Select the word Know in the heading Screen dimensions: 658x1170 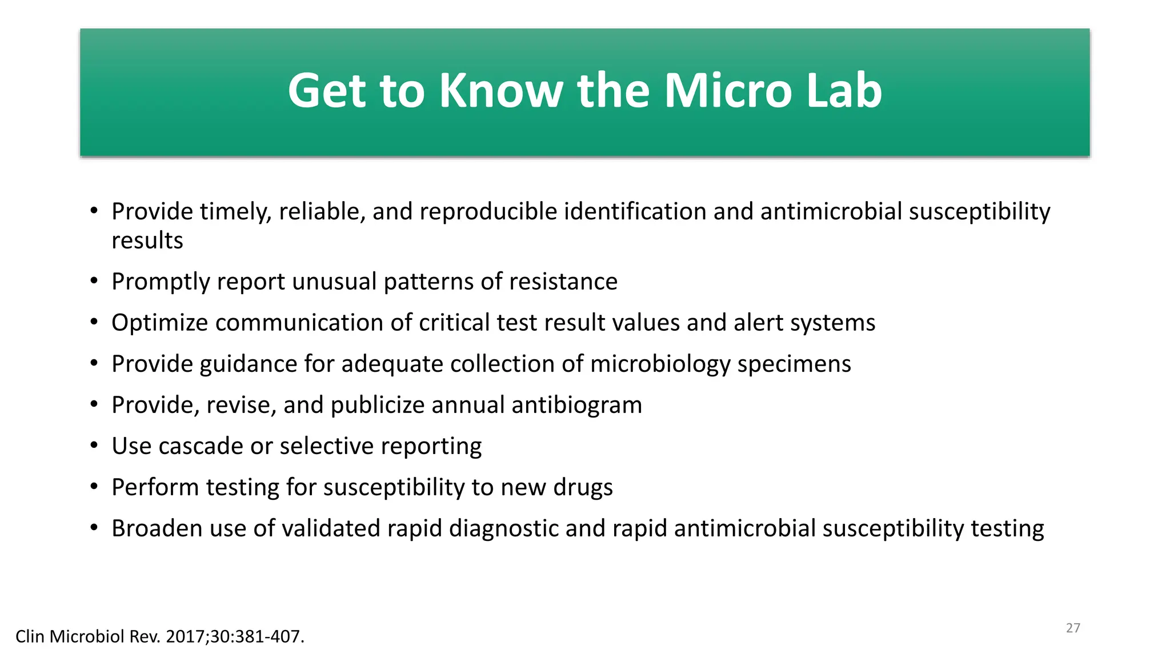pos(501,91)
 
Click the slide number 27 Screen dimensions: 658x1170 pos(1073,628)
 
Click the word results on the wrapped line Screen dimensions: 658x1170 pos(147,240)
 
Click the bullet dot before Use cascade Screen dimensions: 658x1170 pos(94,446)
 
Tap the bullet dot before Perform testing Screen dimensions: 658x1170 pos(94,487)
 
